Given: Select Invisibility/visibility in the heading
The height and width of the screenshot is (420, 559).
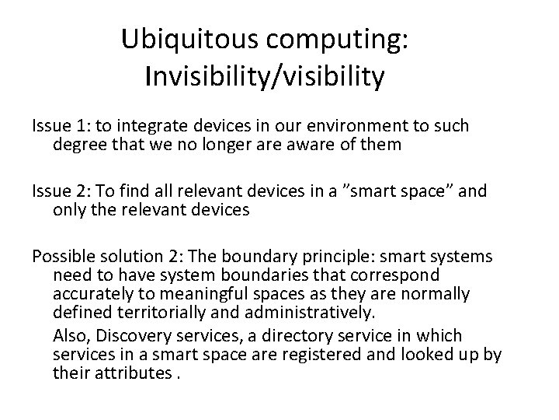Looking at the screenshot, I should (264, 76).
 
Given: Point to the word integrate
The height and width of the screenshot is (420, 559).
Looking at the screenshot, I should (148, 125).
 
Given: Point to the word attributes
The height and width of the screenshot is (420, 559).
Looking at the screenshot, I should (130, 373).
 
